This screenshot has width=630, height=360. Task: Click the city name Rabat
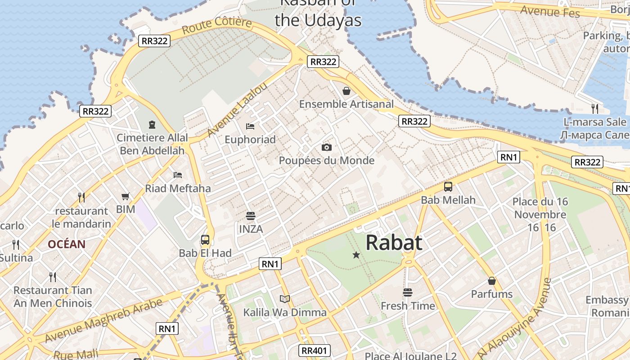[x=394, y=243]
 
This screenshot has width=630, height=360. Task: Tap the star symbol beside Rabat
[x=356, y=255]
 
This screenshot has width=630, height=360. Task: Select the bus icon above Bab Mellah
[x=448, y=187]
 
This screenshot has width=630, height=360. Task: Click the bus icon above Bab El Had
[x=205, y=239]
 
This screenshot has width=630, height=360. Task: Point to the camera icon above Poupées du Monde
[x=327, y=147]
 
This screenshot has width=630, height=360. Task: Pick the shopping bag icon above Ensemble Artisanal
[x=346, y=91]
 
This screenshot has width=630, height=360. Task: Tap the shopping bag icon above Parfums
[x=491, y=281]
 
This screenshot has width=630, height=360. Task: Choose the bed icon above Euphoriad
[x=250, y=126]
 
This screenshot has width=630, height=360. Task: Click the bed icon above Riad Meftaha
[x=178, y=175]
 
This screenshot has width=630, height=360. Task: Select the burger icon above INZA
[x=251, y=216]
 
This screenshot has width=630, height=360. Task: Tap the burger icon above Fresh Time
[x=408, y=292]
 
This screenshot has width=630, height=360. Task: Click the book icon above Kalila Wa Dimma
[x=284, y=299]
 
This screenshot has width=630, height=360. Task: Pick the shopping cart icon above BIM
[x=126, y=196]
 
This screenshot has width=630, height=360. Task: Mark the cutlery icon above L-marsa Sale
[x=595, y=108]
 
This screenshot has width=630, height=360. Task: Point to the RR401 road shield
[x=315, y=351]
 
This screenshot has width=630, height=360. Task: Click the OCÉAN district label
[x=67, y=244]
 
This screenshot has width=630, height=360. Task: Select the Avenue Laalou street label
[x=237, y=109]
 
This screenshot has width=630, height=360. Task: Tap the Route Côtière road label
[x=217, y=26]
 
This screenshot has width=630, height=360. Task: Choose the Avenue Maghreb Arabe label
[x=103, y=320]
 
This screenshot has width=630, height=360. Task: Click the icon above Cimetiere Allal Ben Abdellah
[x=152, y=124]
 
